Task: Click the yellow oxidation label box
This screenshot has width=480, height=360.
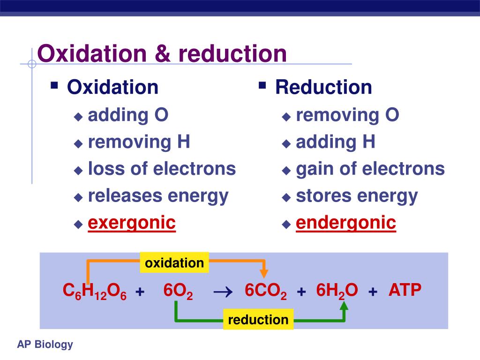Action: [x=174, y=263]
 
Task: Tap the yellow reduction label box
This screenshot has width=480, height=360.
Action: [x=258, y=320]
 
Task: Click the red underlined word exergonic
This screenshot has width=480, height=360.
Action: [x=132, y=223]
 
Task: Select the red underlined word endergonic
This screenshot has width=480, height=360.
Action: [x=346, y=223]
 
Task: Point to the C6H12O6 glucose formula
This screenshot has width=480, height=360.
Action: [x=95, y=292]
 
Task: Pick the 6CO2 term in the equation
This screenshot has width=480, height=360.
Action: [x=266, y=292]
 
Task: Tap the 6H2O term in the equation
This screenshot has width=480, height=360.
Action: [x=337, y=292]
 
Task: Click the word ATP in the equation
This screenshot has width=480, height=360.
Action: [x=405, y=291]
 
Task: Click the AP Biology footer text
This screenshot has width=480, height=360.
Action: [x=45, y=345]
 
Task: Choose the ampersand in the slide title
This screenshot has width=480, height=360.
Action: [x=162, y=54]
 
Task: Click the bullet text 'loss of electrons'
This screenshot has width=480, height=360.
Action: [x=162, y=168]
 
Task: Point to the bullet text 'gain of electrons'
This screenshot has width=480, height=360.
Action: [x=370, y=168]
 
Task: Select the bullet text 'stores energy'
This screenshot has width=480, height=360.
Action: [x=357, y=195]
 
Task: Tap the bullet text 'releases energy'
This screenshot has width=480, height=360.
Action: [x=158, y=195]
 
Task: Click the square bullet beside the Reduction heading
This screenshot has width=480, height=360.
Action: [x=262, y=85]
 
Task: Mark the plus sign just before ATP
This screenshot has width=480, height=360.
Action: [x=373, y=292]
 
